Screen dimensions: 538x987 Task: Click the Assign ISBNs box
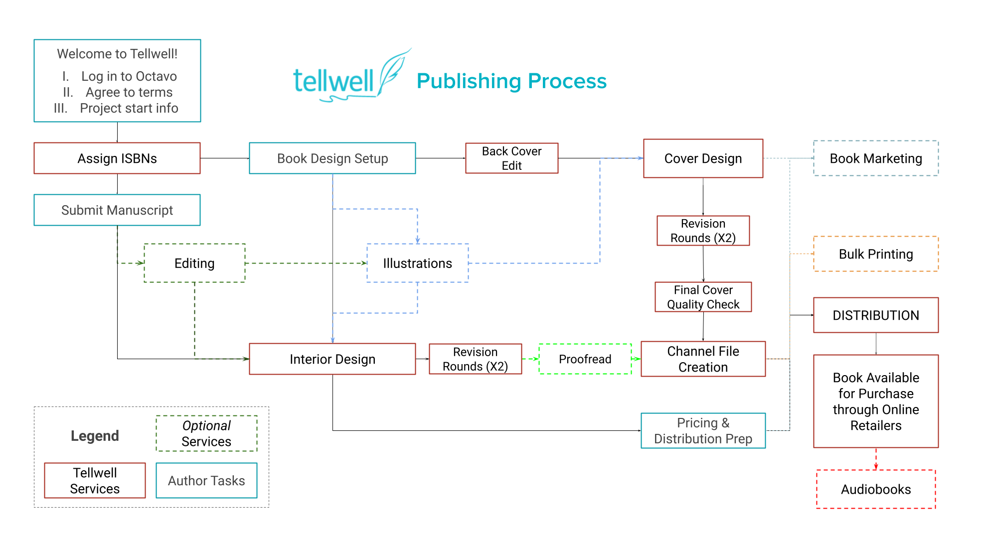coord(117,158)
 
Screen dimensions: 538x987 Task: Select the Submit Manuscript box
coord(117,210)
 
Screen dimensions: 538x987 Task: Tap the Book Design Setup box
coord(332,158)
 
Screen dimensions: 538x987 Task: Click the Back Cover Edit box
coord(512,158)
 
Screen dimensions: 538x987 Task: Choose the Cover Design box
coord(703,158)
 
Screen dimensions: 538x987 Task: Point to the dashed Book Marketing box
coord(876,158)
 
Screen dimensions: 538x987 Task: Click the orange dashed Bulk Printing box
coord(876,254)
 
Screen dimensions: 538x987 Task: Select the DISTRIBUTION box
coord(876,315)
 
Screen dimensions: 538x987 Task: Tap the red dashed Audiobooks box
coord(876,489)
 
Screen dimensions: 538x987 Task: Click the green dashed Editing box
coord(194,264)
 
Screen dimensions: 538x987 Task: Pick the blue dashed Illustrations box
coord(418,264)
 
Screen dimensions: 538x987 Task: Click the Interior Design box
coord(332,359)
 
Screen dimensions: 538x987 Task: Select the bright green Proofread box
coord(585,359)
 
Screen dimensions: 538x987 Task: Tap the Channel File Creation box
coord(703,359)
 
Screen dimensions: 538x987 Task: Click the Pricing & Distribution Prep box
coord(703,431)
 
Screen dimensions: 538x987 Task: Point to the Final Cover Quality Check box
coord(703,297)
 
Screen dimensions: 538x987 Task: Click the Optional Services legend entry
coord(206,433)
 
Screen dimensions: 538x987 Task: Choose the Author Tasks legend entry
coord(206,481)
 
